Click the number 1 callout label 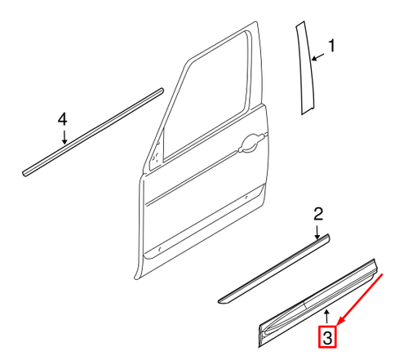(331, 46)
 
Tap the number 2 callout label (319, 214)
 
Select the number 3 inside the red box (326, 336)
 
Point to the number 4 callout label (63, 120)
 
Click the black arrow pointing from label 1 (319, 56)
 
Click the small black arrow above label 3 (326, 315)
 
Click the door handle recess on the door (249, 145)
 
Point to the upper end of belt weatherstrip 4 (162, 91)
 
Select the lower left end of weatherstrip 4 (26, 171)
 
